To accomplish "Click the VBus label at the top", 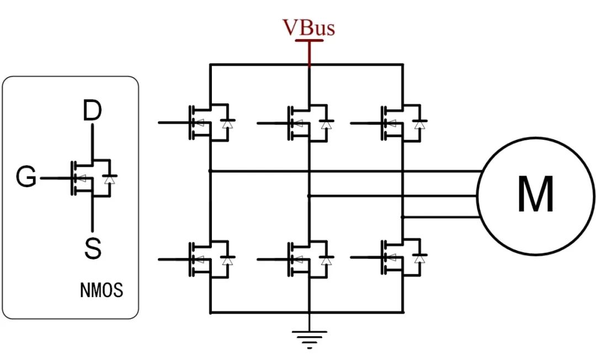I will [309, 28].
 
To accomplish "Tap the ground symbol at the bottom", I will [310, 338].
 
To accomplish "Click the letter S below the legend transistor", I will [93, 249].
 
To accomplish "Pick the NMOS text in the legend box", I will [102, 290].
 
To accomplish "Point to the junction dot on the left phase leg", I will [210, 171].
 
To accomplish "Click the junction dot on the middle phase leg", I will [309, 195].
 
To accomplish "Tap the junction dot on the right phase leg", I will [403, 217].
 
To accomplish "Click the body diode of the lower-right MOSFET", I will [421, 257].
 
